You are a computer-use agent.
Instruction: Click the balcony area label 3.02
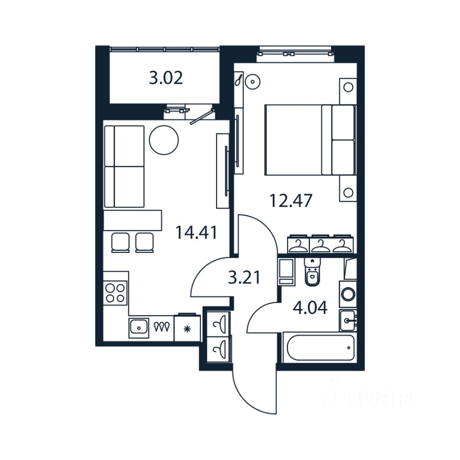click(x=166, y=78)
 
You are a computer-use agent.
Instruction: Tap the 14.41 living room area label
click(x=196, y=233)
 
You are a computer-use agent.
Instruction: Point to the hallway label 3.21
click(x=244, y=277)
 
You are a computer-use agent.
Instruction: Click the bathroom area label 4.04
click(x=310, y=307)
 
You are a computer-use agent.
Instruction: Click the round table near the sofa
click(x=164, y=139)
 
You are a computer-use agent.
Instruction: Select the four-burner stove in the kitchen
click(x=115, y=292)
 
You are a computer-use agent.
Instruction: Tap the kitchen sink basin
click(x=139, y=328)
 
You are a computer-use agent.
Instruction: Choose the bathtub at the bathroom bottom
click(x=319, y=348)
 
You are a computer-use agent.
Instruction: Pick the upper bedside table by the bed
click(x=348, y=88)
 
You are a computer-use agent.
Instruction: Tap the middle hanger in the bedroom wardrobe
click(x=321, y=244)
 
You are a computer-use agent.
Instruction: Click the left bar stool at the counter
click(x=120, y=242)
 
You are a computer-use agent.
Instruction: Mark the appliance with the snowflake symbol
click(x=187, y=328)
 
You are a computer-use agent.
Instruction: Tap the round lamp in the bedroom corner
click(x=252, y=82)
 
